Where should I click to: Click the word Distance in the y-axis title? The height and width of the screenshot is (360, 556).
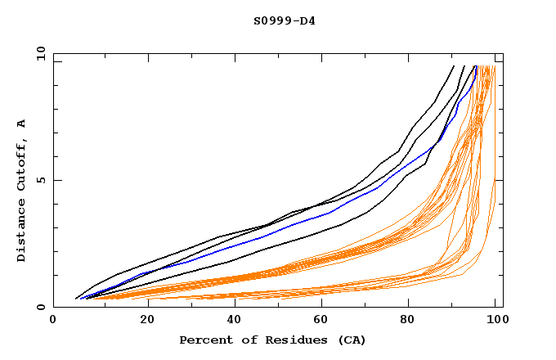21,232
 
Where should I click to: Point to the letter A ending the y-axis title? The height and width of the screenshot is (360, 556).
21,123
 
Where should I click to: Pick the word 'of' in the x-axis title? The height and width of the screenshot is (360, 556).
245,340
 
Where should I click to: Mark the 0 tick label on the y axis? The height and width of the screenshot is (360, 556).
41,308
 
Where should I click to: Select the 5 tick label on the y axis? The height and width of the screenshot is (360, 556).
41,180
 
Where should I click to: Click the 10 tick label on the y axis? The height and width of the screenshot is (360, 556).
38,53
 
